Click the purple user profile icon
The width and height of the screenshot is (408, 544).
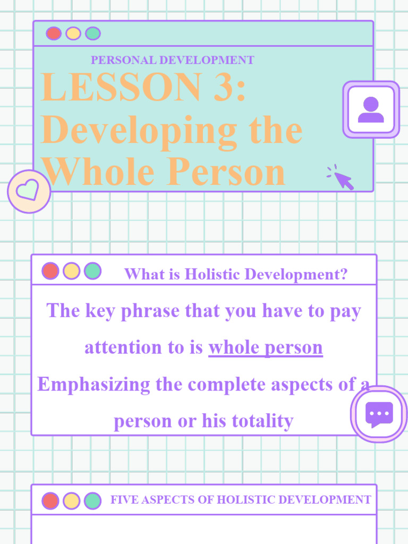(x=371, y=109)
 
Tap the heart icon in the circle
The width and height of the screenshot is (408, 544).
(x=29, y=190)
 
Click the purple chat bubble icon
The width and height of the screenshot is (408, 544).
(x=379, y=414)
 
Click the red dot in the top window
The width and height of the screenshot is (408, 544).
(x=54, y=33)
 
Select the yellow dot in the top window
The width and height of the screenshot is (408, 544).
(x=73, y=33)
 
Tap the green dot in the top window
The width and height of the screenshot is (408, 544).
(x=93, y=33)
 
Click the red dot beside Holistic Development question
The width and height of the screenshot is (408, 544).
(x=50, y=271)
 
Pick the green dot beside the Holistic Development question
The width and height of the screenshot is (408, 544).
(x=92, y=271)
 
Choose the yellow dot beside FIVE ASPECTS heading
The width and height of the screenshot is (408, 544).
(x=71, y=500)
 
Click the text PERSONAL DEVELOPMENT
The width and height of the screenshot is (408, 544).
(x=172, y=60)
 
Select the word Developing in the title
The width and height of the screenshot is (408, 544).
(x=139, y=130)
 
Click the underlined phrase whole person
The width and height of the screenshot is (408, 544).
(x=265, y=347)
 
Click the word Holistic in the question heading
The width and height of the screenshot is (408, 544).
(x=209, y=275)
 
